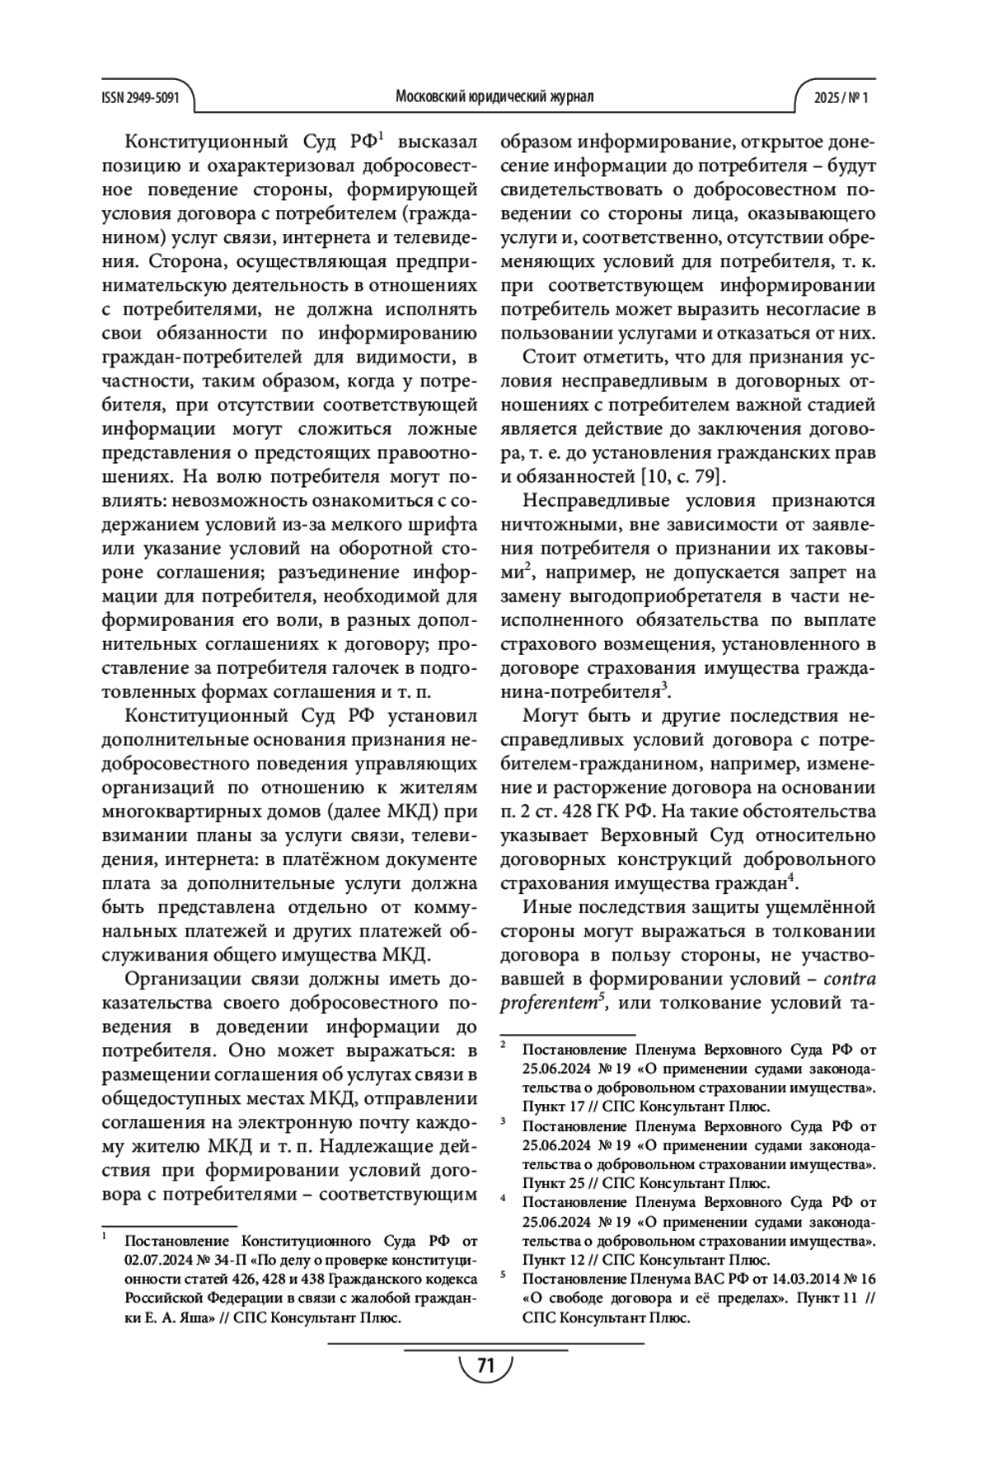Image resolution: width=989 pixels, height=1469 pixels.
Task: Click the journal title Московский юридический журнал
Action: coord(494,97)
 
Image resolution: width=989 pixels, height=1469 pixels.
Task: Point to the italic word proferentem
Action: coord(549,1004)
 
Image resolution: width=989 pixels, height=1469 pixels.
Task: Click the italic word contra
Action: coord(849,980)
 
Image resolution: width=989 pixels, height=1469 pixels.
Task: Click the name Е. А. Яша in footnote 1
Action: coord(167,1317)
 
